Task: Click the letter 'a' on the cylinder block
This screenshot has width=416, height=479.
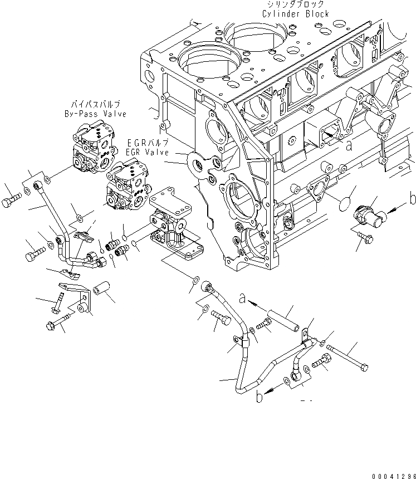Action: coord(349,145)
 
